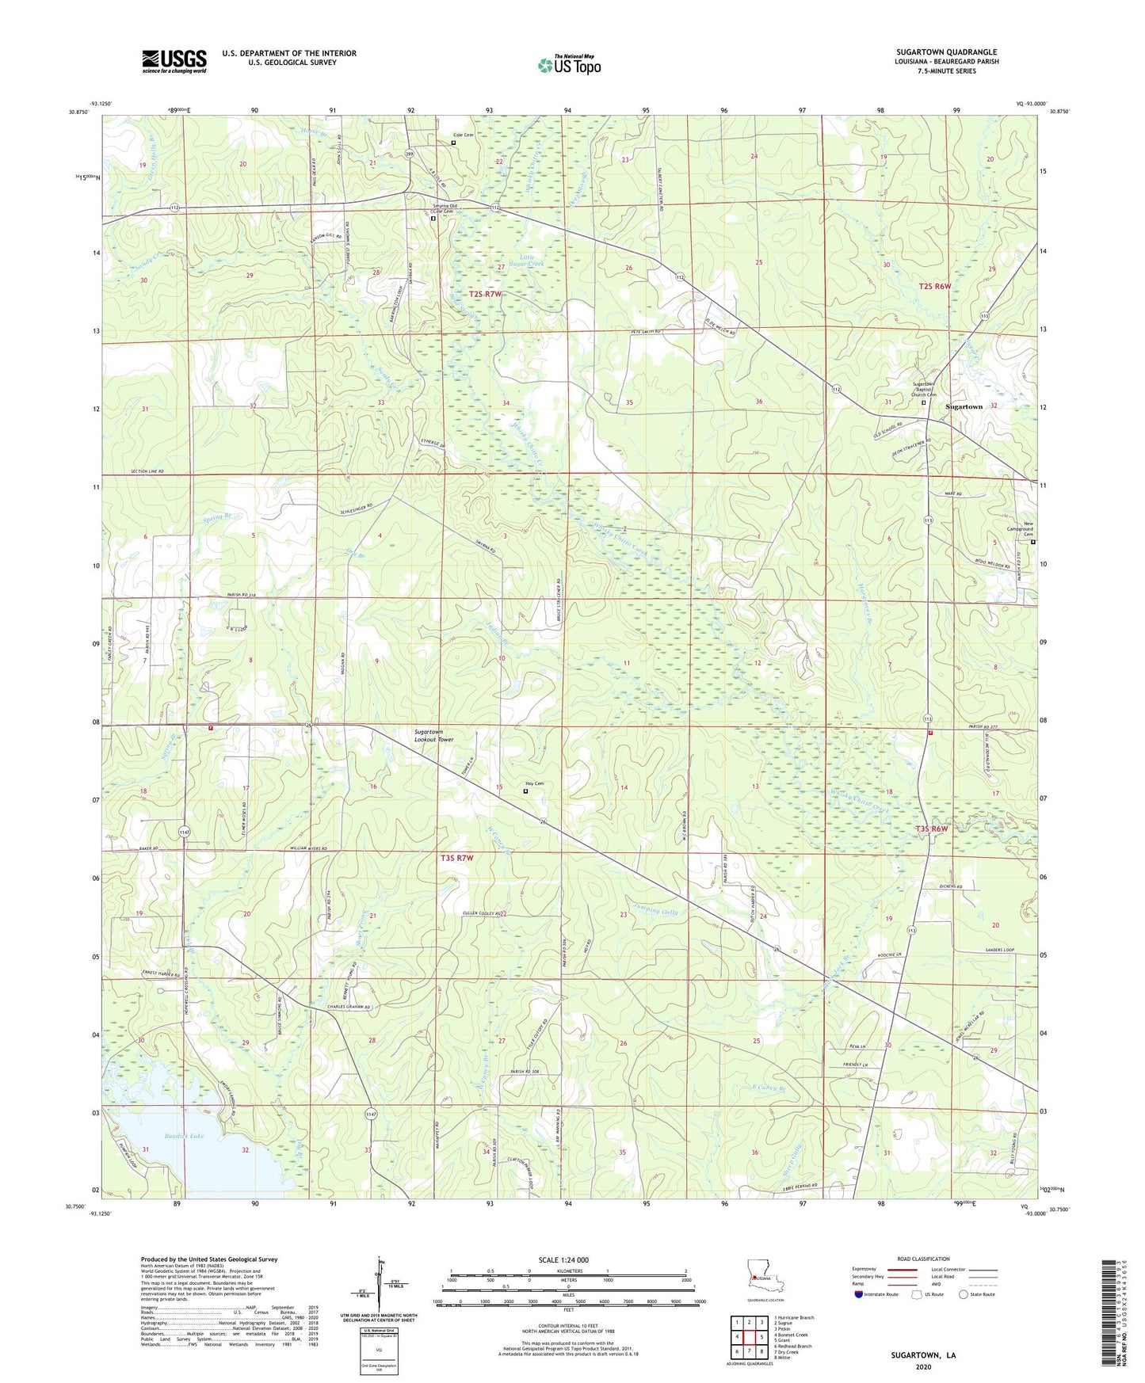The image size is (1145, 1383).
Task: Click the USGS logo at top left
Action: point(174,61)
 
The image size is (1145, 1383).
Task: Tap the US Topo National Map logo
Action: point(570,65)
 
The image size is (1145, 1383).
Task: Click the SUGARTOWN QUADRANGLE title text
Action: point(946,52)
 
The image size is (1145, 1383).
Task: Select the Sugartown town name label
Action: point(964,406)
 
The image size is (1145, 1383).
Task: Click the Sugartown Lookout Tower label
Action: point(433,735)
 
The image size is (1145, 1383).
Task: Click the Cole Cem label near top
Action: point(463,135)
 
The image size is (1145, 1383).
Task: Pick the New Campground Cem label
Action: point(1028,529)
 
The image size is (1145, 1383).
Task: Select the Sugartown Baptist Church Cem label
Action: point(924,389)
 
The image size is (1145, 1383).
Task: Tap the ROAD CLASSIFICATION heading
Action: point(923,1259)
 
